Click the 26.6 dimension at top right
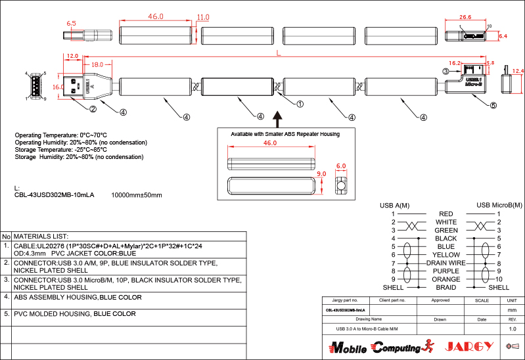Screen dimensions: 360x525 tap(465, 17)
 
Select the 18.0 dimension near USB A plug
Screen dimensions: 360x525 tap(97, 64)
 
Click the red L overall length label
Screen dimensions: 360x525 tap(279, 52)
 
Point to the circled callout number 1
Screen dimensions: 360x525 tap(300, 104)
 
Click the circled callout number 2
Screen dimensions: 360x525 tap(93, 109)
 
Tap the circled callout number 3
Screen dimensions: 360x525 tap(445, 71)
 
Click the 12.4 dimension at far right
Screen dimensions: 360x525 tap(518, 71)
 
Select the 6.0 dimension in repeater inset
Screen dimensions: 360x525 tap(341, 167)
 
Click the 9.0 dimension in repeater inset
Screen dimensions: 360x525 tap(322, 175)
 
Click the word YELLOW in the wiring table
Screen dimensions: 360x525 tap(446, 255)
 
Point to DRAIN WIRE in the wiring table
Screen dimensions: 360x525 tap(446, 263)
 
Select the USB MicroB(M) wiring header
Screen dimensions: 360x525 tap(499, 206)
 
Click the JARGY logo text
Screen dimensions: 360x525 tap(469, 346)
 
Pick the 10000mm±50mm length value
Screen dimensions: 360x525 tap(137, 195)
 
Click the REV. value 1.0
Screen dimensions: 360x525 tap(513, 328)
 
